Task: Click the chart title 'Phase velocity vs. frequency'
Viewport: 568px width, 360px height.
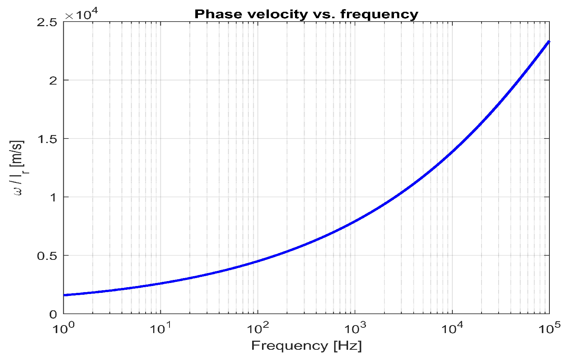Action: [306, 14]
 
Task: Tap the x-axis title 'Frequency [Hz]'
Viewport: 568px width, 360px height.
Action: [306, 346]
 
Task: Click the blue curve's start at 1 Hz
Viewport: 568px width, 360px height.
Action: [64, 295]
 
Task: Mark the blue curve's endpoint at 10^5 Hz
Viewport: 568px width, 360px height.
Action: [549, 41]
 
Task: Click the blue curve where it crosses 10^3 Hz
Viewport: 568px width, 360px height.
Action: [355, 222]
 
